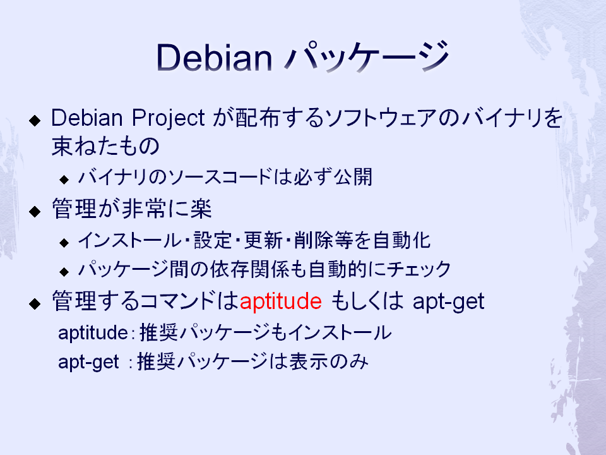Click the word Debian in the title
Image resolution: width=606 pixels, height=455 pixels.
point(214,58)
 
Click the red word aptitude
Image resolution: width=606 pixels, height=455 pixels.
point(280,302)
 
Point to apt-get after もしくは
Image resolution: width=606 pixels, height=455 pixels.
point(448,302)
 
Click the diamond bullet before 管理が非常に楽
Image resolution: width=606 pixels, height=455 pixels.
point(35,211)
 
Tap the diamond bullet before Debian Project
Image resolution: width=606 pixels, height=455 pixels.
point(35,120)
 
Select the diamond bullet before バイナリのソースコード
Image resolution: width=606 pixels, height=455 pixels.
point(64,179)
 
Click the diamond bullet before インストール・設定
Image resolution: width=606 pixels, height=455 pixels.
point(64,243)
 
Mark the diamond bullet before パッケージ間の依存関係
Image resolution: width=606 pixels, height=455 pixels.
point(64,272)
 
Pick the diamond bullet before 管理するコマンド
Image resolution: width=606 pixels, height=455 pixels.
point(35,304)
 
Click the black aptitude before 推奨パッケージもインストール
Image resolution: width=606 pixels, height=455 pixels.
point(93,333)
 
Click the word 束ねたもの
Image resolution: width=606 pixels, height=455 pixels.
point(105,146)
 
